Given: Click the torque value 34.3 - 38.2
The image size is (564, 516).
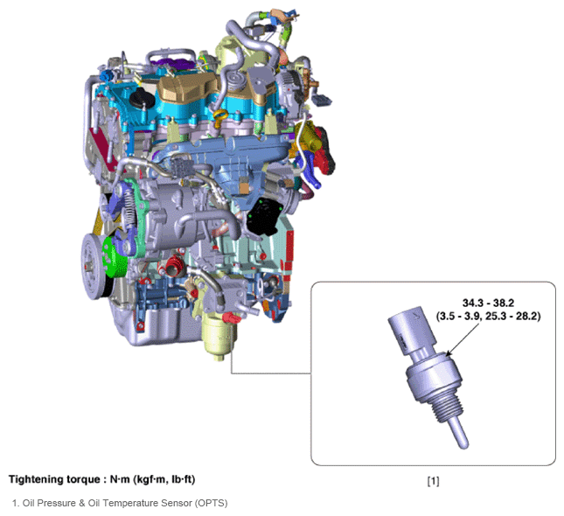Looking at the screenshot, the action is pos(488,303).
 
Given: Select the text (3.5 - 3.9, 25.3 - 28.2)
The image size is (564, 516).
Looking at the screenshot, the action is pos(488,317).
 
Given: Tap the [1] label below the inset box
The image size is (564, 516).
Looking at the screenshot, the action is pos(433,481).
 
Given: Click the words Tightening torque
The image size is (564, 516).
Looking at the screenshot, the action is pos(54,479).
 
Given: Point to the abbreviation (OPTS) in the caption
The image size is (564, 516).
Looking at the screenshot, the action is pos(211,503).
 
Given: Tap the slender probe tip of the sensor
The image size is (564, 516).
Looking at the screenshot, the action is pos(460,435).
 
